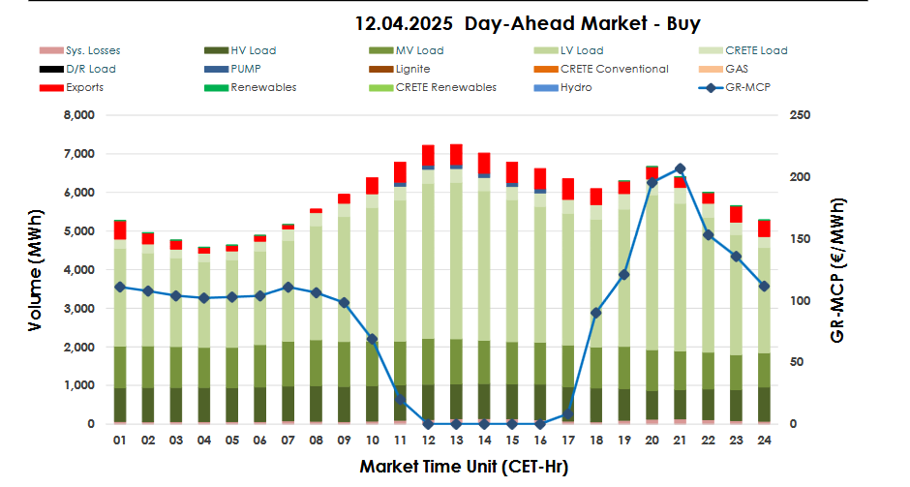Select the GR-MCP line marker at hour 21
point(680,168)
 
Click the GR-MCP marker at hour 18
point(595,313)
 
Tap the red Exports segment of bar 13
point(456,154)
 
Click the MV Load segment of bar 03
point(175,367)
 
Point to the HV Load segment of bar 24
point(764,405)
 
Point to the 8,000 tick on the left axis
point(78,115)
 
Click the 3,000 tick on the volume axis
point(78,308)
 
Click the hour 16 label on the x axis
point(539,441)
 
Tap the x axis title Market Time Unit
point(464,467)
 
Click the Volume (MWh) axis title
point(35,269)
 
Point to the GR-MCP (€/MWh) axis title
point(838,269)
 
